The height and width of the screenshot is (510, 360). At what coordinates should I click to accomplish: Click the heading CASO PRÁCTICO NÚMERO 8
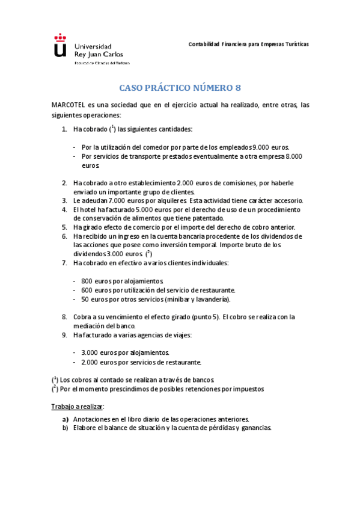180,88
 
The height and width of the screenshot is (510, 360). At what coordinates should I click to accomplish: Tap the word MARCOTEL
68,105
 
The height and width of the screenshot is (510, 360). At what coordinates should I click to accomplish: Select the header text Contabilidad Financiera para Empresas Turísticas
248,45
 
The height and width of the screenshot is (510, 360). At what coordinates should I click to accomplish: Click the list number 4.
64,209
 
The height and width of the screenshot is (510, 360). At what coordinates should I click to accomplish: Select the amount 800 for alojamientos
86,281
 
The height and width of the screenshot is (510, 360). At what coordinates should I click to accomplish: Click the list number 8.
64,317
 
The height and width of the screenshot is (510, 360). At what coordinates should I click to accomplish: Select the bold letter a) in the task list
66,419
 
